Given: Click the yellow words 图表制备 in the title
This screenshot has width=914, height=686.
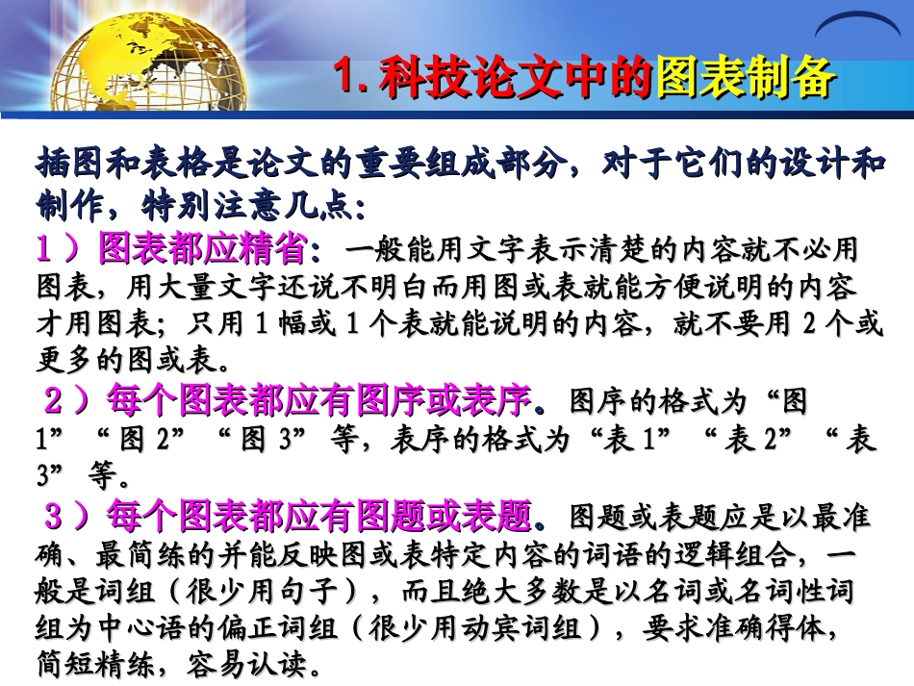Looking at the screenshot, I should click(x=744, y=78).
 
